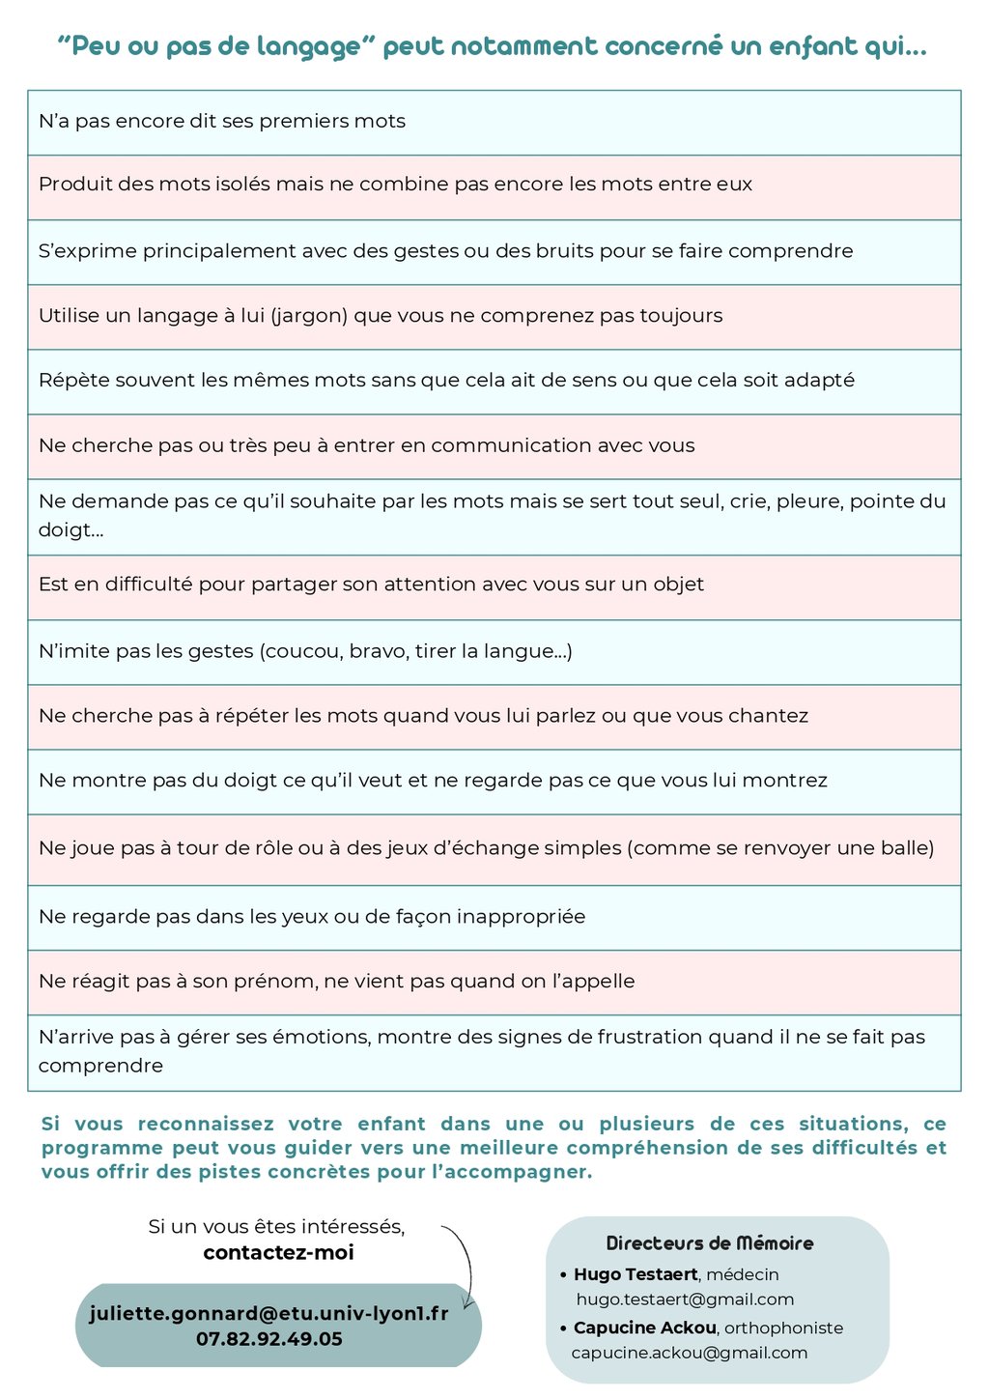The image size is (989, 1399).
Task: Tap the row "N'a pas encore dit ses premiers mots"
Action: click(222, 122)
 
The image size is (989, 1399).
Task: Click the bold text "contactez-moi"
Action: click(278, 1253)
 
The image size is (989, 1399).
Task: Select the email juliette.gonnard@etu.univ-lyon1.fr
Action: click(269, 1314)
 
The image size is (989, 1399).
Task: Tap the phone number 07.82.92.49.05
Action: click(269, 1339)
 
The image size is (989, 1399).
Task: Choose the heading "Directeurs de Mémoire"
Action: click(710, 1243)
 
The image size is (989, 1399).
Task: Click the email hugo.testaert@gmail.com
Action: click(685, 1299)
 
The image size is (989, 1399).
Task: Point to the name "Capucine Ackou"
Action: click(644, 1328)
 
